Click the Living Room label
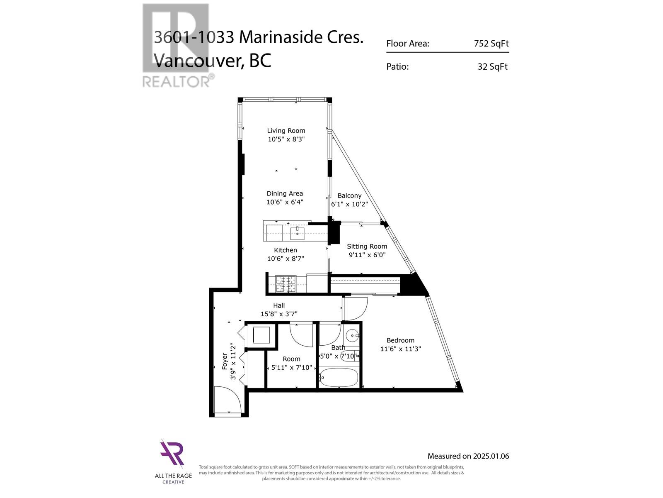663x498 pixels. pos(286,131)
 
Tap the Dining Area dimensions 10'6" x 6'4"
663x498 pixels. pos(285,202)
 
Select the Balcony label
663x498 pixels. pos(349,195)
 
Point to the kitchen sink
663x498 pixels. pos(297,234)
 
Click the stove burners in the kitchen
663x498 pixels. pos(286,284)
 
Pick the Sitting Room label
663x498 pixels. pos(367,246)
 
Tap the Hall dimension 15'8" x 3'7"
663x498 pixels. pos(279,314)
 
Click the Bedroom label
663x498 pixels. pos(400,340)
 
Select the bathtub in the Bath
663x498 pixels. pos(339,378)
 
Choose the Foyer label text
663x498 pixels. pos(225,361)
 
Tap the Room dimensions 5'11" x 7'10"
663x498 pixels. pos(291,367)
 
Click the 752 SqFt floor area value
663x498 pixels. pos(491,44)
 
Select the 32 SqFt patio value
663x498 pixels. pos(492,66)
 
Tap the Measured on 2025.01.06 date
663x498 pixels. pos(468,456)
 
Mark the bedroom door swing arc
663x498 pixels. pos(356,309)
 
